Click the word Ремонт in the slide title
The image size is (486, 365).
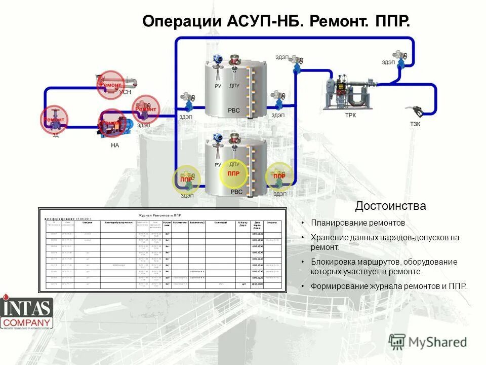(x=338, y=22)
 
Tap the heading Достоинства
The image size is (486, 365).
(x=390, y=206)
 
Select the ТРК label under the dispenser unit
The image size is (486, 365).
(x=350, y=115)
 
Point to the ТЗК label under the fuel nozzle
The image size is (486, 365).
(x=415, y=124)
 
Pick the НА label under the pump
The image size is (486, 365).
(x=115, y=145)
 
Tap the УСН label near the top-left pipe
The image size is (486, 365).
(x=124, y=92)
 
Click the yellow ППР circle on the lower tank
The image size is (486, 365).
(x=233, y=174)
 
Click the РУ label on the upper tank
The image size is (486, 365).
(x=218, y=86)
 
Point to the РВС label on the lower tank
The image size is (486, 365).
(x=236, y=192)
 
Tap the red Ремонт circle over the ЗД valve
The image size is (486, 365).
(x=54, y=120)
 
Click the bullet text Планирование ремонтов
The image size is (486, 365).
(x=358, y=223)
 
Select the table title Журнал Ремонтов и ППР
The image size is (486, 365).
(x=160, y=215)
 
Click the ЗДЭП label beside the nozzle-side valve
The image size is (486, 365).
(x=388, y=62)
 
